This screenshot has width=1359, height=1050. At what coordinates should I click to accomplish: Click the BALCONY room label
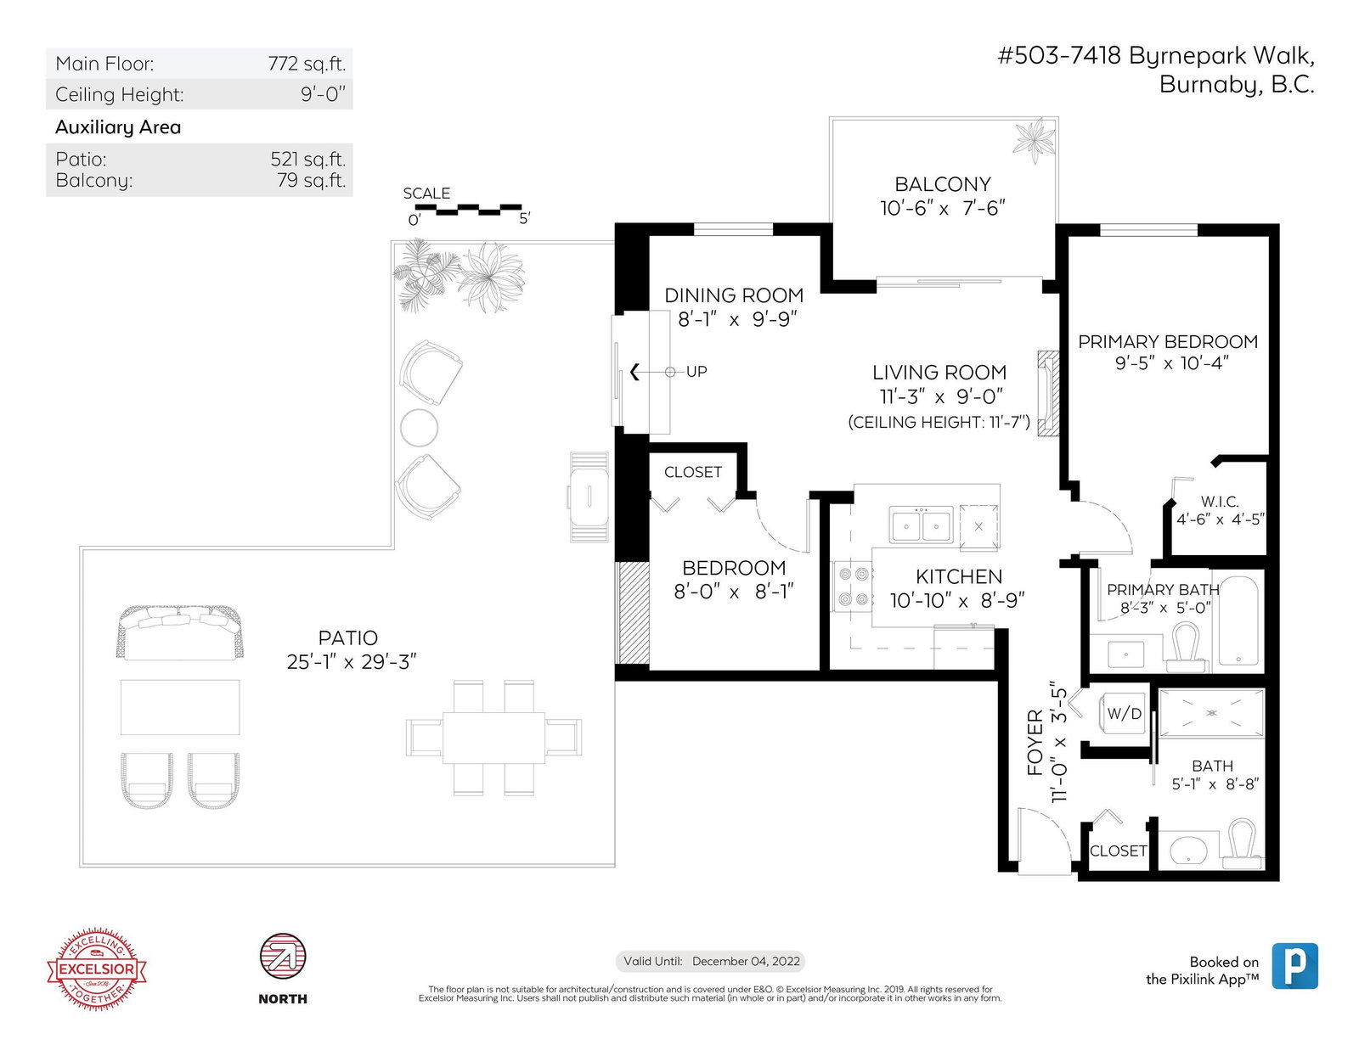(x=942, y=184)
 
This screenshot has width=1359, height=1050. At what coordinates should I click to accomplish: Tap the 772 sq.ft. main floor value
(x=307, y=63)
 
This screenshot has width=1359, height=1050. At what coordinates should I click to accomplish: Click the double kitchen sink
(x=921, y=525)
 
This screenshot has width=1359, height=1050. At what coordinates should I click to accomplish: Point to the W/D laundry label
(x=1124, y=713)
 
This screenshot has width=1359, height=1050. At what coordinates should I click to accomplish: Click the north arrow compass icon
(x=283, y=957)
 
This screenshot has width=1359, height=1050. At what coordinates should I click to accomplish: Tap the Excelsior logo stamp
(x=97, y=969)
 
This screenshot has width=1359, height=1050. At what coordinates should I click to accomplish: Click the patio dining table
(x=493, y=738)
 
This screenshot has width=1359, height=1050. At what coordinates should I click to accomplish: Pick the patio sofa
(x=179, y=632)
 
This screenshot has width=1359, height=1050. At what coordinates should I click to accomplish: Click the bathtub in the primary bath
(x=1238, y=621)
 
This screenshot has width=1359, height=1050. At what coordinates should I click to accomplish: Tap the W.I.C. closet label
(x=1220, y=502)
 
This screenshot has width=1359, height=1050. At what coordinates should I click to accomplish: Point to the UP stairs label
(x=696, y=372)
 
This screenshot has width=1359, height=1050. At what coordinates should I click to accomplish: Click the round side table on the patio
(x=419, y=428)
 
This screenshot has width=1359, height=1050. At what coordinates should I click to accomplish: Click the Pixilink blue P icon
(x=1294, y=966)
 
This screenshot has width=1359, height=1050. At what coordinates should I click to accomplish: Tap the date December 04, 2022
(x=746, y=961)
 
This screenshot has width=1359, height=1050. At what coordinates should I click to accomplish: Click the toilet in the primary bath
(x=1186, y=648)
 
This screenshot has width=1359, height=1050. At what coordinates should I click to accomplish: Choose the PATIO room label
(x=347, y=638)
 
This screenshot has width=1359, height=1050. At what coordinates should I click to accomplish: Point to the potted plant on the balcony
(x=1034, y=140)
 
